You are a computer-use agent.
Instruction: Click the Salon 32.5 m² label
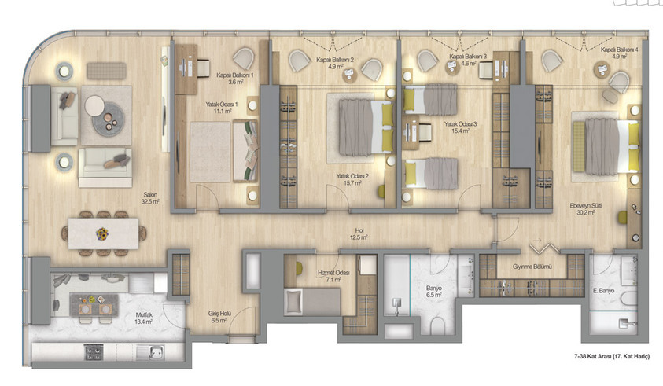click(150, 198)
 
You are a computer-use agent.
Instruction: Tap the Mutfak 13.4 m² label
click(144, 318)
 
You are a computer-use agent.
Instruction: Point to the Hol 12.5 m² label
click(359, 233)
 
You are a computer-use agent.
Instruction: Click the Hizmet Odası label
click(330, 273)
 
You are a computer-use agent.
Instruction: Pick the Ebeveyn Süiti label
click(586, 205)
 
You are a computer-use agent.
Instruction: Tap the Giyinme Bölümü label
click(532, 267)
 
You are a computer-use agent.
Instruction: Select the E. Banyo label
click(603, 290)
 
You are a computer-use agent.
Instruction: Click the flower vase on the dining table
click(101, 233)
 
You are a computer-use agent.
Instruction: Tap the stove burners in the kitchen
click(94, 351)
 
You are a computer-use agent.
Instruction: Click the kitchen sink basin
click(156, 351)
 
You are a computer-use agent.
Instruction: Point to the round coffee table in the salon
click(109, 119)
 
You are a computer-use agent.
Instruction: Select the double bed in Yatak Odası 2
click(361, 127)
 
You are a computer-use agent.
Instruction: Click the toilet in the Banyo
click(437, 326)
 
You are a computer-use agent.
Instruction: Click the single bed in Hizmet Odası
click(312, 301)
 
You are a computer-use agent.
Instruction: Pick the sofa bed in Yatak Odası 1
click(245, 151)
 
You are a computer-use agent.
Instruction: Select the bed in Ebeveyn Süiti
click(605, 147)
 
